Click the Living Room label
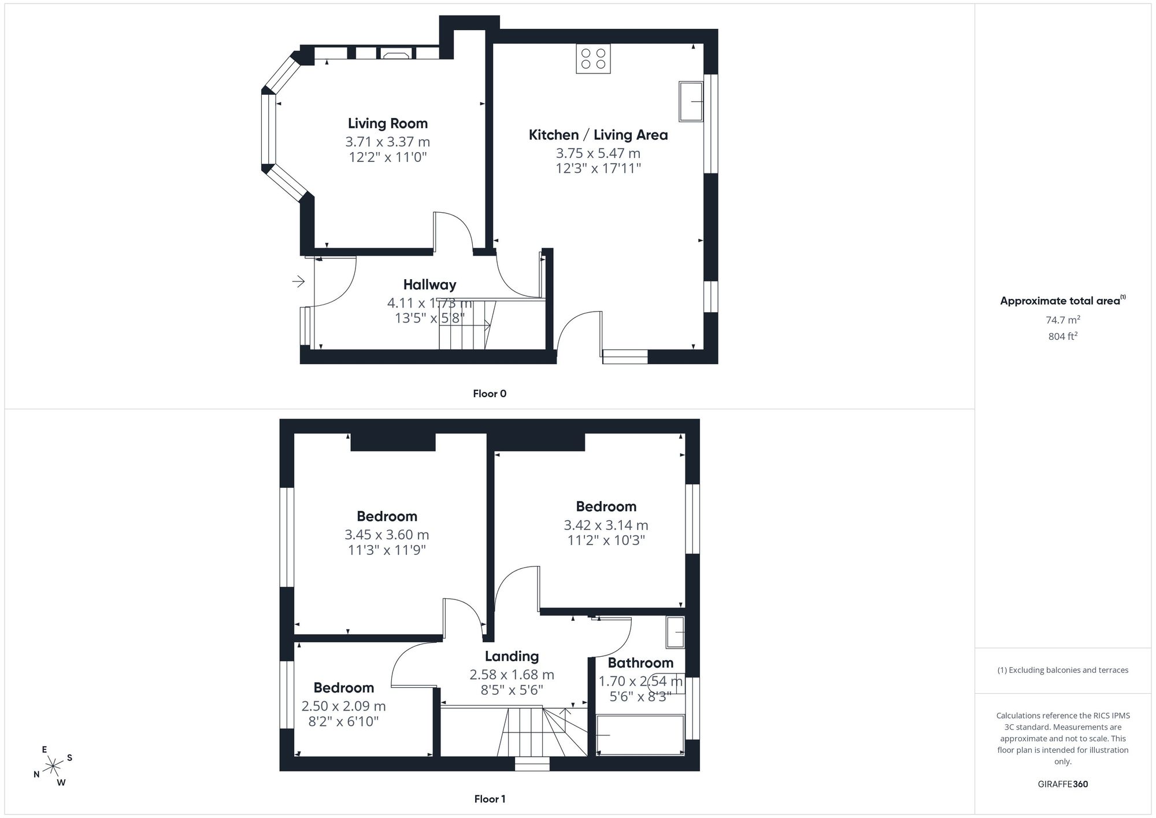pos(388,123)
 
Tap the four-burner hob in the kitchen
pos(593,59)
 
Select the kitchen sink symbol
pos(691,102)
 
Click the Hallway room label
pos(429,284)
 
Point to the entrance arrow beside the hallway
pos(298,282)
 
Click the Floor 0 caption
pos(490,394)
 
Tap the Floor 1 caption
pos(490,799)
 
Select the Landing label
pos(512,656)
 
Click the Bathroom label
pos(640,662)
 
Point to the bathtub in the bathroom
pos(640,735)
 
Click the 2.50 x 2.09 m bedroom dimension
pos(343,706)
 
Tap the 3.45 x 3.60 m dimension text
pos(387,535)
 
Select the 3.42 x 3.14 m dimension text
pos(606,525)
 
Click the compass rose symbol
pos(53,767)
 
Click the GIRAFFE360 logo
pos(1063,784)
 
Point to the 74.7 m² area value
pos(1063,320)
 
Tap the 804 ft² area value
pos(1063,336)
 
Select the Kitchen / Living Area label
pos(598,135)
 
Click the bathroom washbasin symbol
pos(675,632)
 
